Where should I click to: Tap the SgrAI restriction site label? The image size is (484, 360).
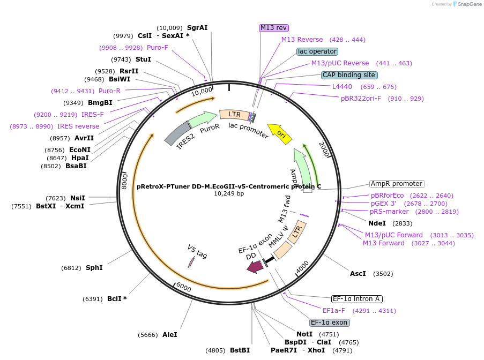click(x=197, y=27)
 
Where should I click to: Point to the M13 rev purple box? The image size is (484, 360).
click(x=273, y=27)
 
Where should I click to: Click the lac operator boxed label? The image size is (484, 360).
click(x=317, y=51)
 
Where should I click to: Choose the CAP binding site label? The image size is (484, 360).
click(x=349, y=75)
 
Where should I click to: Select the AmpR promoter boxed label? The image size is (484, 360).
click(x=397, y=184)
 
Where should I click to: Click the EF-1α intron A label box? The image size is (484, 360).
click(x=357, y=299)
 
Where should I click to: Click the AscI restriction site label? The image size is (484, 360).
click(x=358, y=273)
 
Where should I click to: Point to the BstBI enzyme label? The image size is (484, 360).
click(x=240, y=350)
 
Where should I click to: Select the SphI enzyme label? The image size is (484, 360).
click(x=94, y=267)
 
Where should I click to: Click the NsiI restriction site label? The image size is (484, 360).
click(x=77, y=198)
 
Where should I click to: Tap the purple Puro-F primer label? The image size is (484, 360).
click(x=158, y=47)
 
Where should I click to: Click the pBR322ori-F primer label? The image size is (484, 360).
click(x=361, y=98)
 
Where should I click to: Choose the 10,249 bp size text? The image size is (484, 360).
click(x=229, y=193)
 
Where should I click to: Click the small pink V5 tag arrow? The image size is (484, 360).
click(x=191, y=262)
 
